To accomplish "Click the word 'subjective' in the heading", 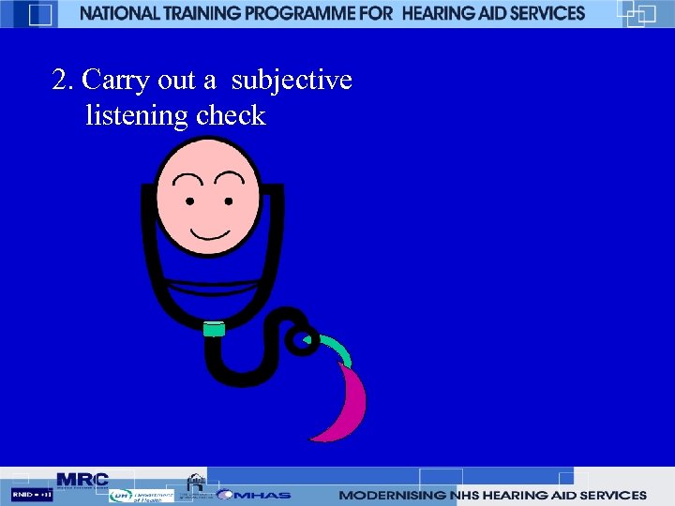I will (x=292, y=82).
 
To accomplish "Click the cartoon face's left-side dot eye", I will (x=190, y=201).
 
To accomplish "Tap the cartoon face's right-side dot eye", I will (x=226, y=201).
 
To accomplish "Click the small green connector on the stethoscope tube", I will (x=215, y=329).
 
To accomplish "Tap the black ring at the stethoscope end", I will (x=302, y=342).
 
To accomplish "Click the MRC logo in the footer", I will (x=82, y=480).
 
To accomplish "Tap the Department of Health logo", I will (x=141, y=496).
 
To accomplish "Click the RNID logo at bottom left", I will (x=32, y=494).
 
